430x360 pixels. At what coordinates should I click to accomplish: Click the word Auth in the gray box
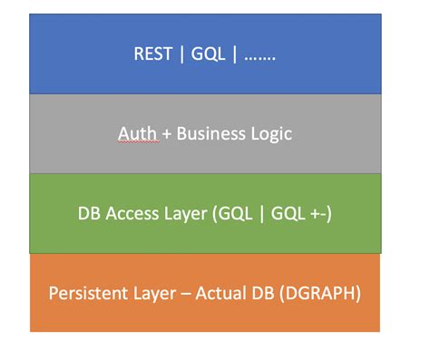click(x=132, y=133)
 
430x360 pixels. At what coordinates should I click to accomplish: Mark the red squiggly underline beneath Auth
click(x=132, y=141)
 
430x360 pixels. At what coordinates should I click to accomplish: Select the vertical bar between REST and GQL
click(x=181, y=54)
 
